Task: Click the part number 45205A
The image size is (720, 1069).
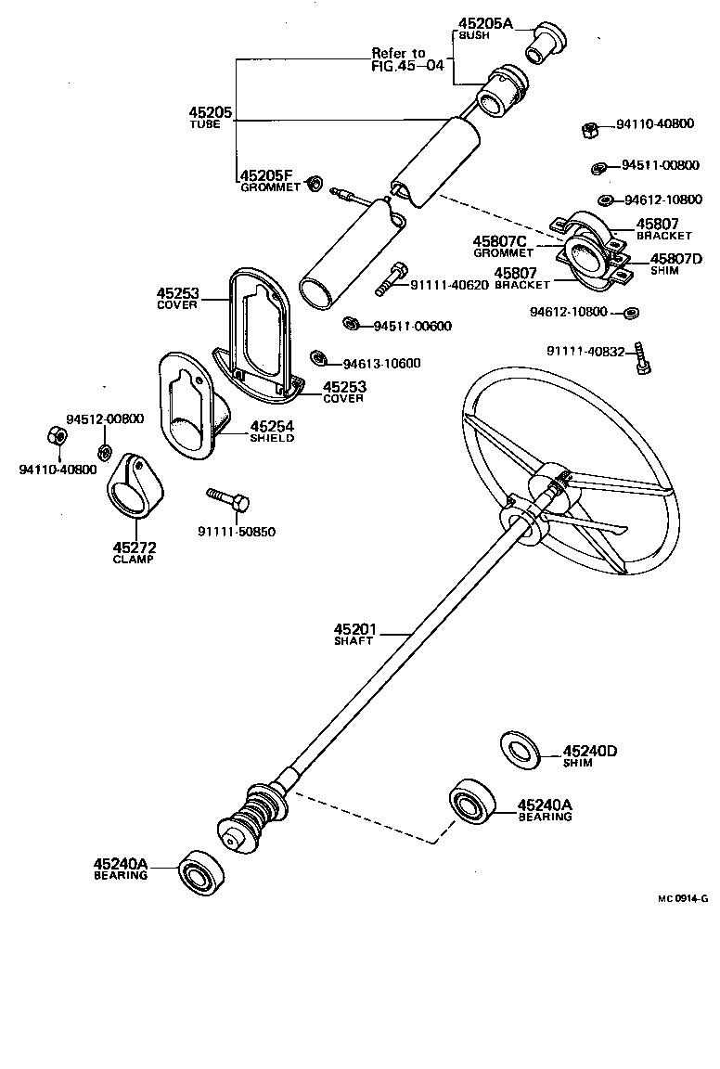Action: pyautogui.click(x=485, y=23)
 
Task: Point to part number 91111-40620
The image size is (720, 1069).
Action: pyautogui.click(x=449, y=285)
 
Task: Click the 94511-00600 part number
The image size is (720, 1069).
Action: pyautogui.click(x=412, y=326)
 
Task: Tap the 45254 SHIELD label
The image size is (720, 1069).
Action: pyautogui.click(x=271, y=431)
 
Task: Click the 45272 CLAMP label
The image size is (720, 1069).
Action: pyautogui.click(x=133, y=553)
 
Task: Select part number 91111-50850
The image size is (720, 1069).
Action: pyautogui.click(x=237, y=532)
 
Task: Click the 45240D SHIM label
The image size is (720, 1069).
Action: pyautogui.click(x=590, y=756)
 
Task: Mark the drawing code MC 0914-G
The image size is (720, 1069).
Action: pyautogui.click(x=683, y=898)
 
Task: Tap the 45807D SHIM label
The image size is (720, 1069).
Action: pyautogui.click(x=676, y=264)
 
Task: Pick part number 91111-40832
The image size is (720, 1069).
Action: pyautogui.click(x=586, y=351)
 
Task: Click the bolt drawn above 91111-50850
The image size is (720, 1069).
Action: pyautogui.click(x=228, y=499)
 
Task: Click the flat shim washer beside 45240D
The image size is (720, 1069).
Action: pyautogui.click(x=521, y=750)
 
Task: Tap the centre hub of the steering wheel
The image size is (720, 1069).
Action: pyautogui.click(x=547, y=483)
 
